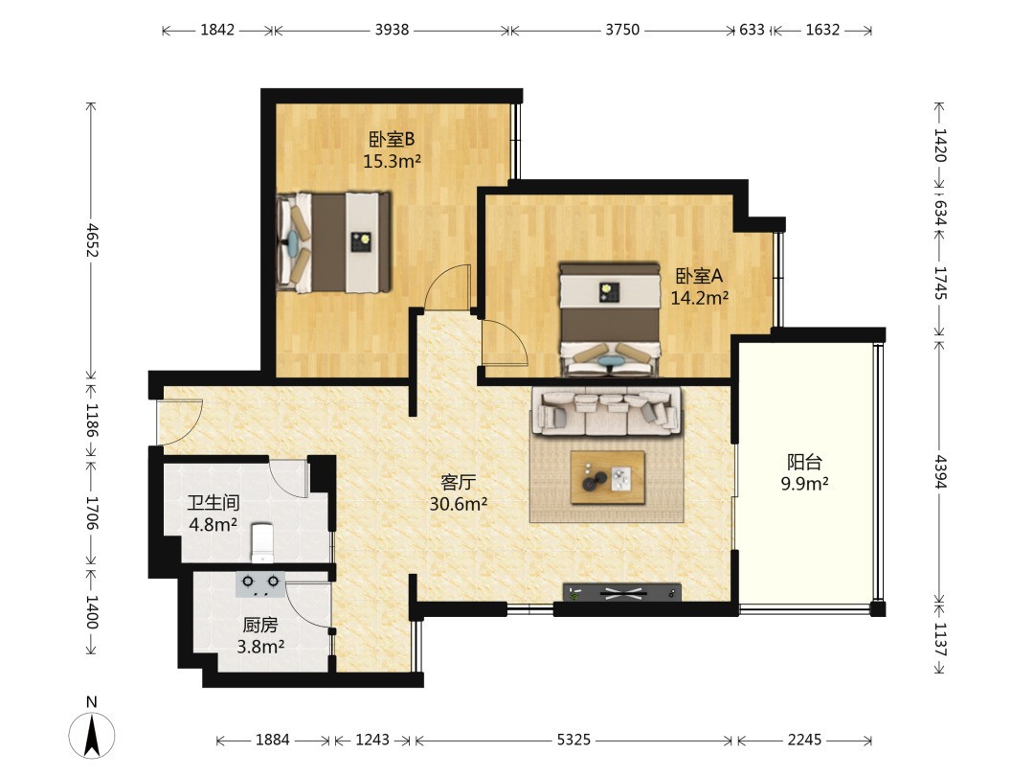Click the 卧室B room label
[x=392, y=139]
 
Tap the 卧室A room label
[x=700, y=276]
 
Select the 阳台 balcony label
[x=804, y=462]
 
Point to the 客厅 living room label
[x=459, y=482]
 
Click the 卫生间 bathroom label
[x=213, y=503]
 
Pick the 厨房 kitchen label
[x=260, y=625]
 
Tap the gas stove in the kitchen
[x=260, y=583]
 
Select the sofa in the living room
[x=607, y=412]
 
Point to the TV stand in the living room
[x=622, y=593]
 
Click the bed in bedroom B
[x=334, y=242]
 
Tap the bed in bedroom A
[x=610, y=319]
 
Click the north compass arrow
[x=92, y=735]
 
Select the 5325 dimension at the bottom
[x=573, y=741]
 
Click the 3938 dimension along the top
[x=392, y=30]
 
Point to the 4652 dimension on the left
[x=92, y=240]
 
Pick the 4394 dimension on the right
[x=940, y=471]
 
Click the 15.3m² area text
[x=393, y=161]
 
